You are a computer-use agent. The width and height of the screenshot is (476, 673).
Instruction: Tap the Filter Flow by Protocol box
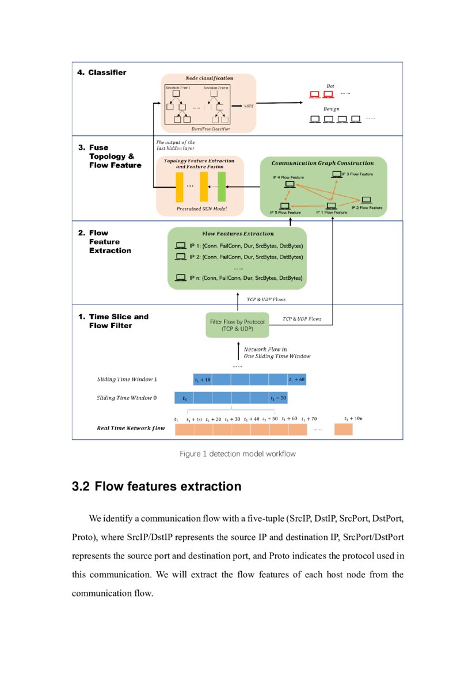pos(237,325)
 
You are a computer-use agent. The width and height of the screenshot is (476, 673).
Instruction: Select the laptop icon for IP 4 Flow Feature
pos(290,185)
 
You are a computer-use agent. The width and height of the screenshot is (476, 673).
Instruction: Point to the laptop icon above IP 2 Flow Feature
pos(366,200)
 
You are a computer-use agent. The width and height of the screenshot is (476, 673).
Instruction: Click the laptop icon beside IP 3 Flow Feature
pos(337,174)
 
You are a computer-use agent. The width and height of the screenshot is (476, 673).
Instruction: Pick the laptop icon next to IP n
pos(180,277)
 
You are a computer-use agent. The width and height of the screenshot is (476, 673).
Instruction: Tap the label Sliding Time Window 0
pos(127,398)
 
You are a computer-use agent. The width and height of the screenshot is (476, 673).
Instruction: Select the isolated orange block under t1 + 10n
pos(343,429)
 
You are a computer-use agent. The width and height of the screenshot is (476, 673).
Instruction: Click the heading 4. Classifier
pos(102,73)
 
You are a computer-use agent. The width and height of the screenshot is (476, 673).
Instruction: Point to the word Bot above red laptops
pos(330,86)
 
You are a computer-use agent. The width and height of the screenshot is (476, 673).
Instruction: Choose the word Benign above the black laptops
pos(331,109)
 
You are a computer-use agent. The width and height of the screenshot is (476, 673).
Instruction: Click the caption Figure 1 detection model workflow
pos(237,454)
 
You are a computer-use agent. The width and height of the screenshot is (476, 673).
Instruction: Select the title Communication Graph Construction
pos(322,164)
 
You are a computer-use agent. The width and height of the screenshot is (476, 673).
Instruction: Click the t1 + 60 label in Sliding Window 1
pos(297,379)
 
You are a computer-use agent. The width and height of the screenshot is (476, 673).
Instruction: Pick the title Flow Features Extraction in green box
pos(238,234)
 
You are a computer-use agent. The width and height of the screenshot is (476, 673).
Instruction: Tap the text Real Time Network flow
pos(131,428)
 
